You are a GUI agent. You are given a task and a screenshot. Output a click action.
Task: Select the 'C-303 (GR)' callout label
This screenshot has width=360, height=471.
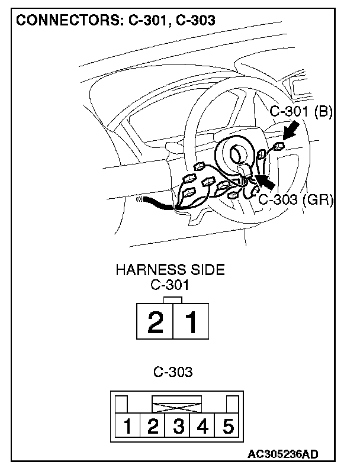[295, 199]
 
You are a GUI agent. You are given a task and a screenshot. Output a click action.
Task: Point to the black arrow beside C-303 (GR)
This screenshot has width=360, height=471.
[265, 179]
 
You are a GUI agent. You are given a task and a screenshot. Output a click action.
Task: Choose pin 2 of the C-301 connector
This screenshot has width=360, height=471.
[155, 322]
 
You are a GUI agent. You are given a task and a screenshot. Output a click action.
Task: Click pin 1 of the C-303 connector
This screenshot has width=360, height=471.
[127, 426]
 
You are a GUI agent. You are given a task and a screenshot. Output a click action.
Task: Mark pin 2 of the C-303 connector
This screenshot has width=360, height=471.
[152, 426]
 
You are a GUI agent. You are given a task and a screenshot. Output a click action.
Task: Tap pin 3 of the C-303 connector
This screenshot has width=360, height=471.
[177, 426]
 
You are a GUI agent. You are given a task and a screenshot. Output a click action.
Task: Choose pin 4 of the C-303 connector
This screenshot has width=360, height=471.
[202, 426]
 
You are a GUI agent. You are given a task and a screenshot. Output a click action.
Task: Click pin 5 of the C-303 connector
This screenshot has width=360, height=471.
[227, 426]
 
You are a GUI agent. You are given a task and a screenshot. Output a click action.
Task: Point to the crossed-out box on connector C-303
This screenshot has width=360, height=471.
[177, 404]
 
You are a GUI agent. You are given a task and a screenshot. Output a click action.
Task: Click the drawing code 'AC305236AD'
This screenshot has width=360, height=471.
[283, 454]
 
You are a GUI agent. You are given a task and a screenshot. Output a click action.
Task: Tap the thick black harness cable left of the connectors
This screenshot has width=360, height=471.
[156, 204]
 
